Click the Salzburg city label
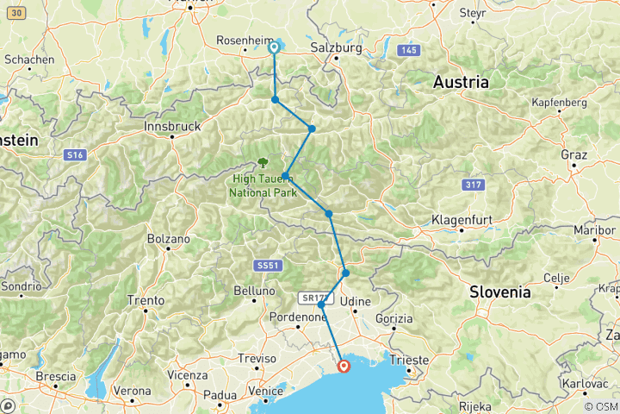[x=336, y=49]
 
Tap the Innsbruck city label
[x=172, y=126]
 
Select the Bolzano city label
[x=166, y=237]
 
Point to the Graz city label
[x=573, y=155]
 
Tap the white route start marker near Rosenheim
[x=274, y=48]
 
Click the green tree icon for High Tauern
[x=262, y=161]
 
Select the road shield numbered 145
[x=407, y=52]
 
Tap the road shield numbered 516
[x=74, y=154]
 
